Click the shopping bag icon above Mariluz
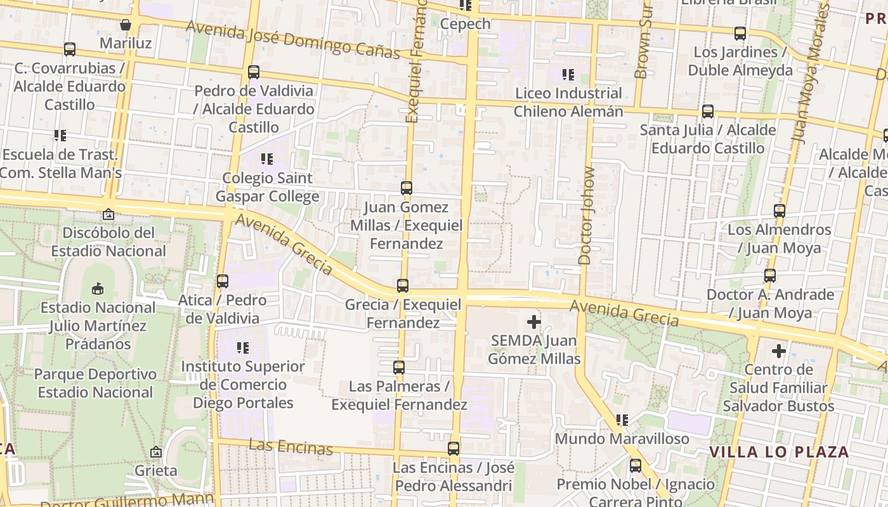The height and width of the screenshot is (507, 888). [x=126, y=25]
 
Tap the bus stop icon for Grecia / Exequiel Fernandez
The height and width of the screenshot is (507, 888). [x=403, y=286]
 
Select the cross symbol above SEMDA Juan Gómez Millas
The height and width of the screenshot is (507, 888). [x=534, y=322]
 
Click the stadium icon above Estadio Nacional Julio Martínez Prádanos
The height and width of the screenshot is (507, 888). [x=98, y=289]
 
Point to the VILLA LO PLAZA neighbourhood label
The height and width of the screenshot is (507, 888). [x=779, y=452]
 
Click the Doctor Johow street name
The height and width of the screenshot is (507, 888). [x=585, y=215]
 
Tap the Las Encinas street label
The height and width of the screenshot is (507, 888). [x=291, y=447]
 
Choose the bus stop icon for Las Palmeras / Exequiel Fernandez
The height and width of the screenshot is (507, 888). [x=399, y=368]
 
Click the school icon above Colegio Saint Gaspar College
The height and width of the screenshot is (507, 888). [x=266, y=158]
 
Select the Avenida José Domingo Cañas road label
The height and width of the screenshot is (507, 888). [x=293, y=39]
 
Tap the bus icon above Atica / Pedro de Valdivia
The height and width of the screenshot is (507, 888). [x=223, y=281]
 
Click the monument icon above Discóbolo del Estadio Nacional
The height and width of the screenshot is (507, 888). [x=108, y=214]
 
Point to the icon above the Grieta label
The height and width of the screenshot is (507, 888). [x=156, y=452]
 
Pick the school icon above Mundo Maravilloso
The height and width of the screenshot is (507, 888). [x=622, y=420]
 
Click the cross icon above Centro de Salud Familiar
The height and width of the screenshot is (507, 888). [x=779, y=350]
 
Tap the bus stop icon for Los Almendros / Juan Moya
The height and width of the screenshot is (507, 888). [x=780, y=211]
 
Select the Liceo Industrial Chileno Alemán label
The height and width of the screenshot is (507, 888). [x=568, y=102]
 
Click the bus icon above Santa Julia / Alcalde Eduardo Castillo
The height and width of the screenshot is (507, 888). [x=708, y=112]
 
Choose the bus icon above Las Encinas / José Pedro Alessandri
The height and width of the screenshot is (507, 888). [x=454, y=449]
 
